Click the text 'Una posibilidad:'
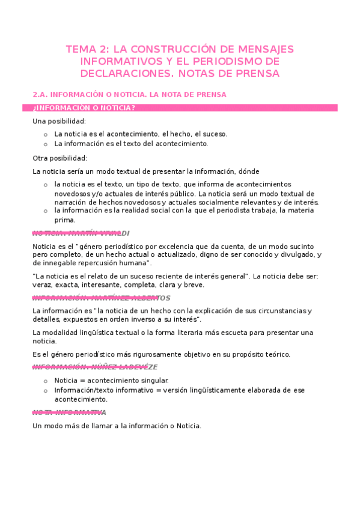pos(59,121)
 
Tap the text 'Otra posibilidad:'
pos(59,158)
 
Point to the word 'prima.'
pos(64,220)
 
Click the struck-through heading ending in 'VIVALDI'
pos(81,233)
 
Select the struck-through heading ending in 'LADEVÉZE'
pos(95,367)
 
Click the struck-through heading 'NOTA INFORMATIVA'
pos(69,413)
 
